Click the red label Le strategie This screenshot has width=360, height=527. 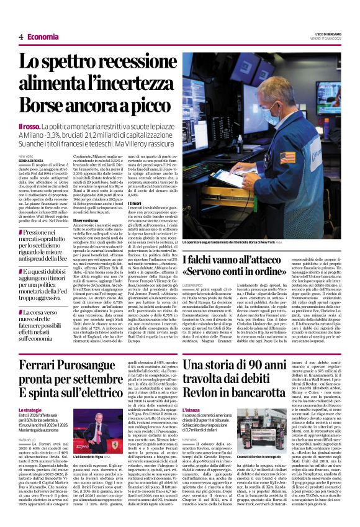30,411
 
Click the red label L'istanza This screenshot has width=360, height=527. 191,410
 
